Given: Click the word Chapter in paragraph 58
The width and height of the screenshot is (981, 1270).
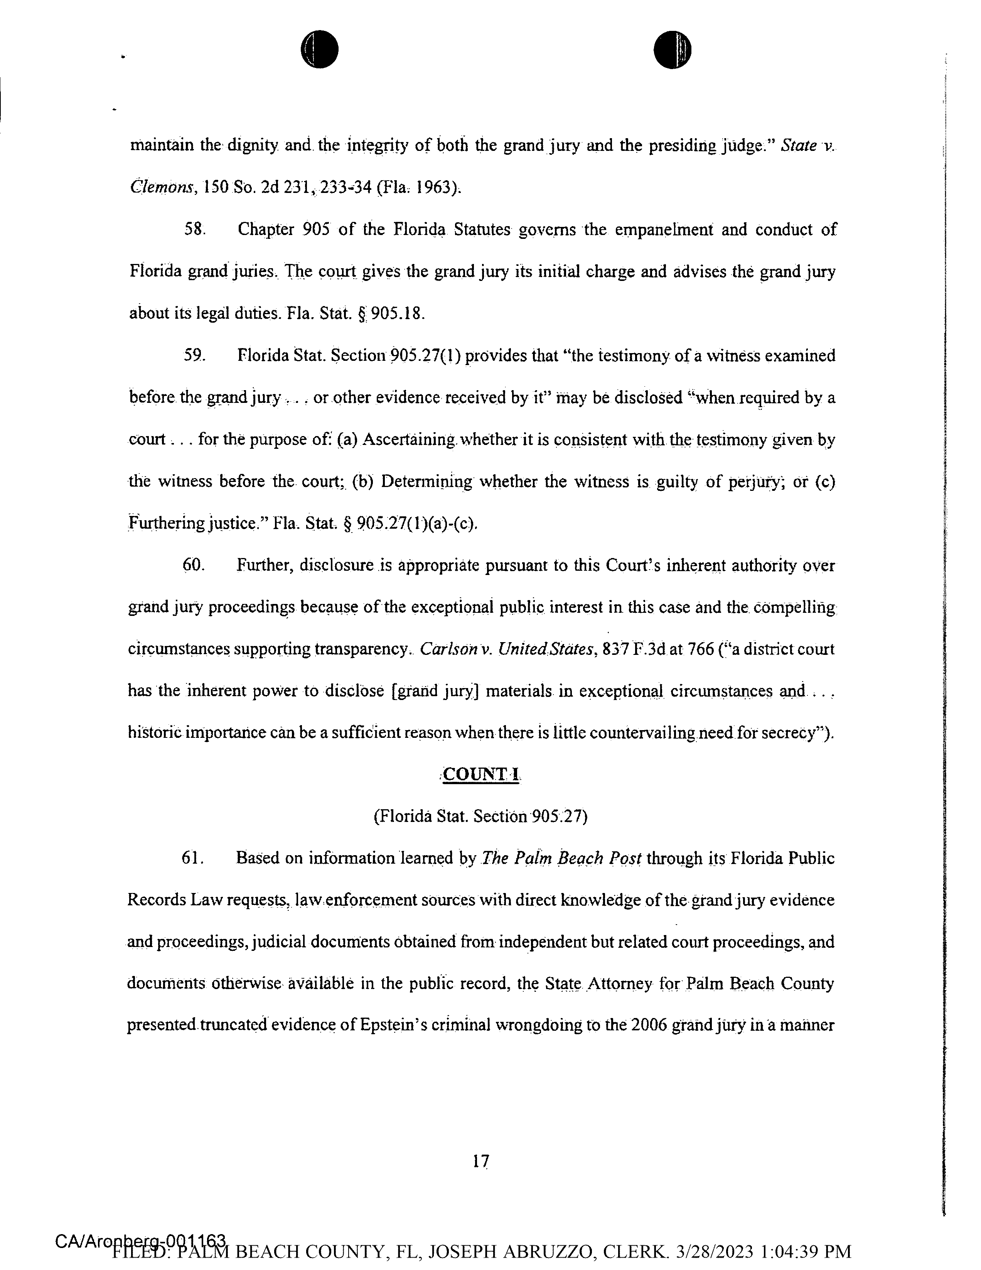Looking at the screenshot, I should tap(266, 230).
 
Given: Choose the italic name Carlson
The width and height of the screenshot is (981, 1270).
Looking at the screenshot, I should tap(447, 649).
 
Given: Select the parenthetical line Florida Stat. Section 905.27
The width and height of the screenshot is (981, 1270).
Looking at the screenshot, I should tap(480, 817).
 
